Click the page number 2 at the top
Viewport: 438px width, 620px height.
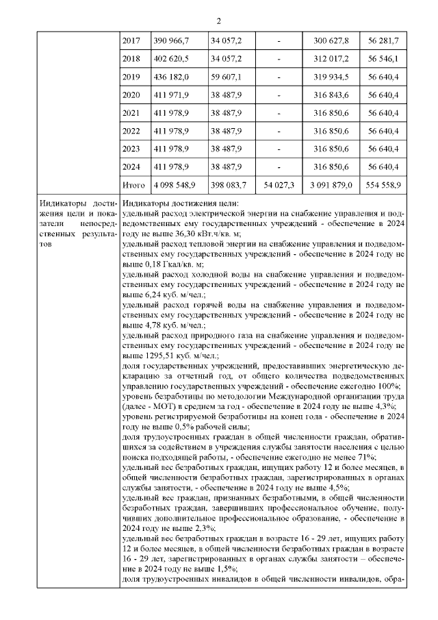(x=218, y=20)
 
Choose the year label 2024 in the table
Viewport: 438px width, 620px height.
(x=130, y=166)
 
